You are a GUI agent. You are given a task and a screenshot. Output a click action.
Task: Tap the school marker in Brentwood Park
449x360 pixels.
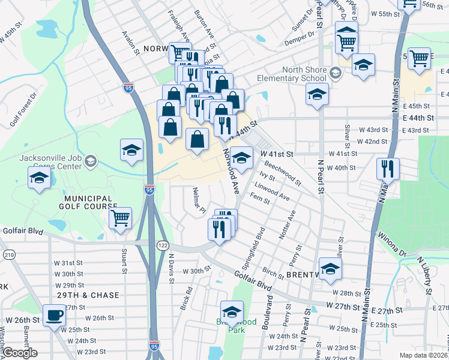232,312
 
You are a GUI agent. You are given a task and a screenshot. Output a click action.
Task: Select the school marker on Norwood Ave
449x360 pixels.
241,158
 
